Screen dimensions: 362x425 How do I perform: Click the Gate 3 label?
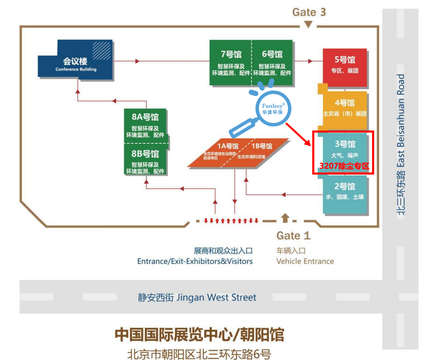pos(309,12)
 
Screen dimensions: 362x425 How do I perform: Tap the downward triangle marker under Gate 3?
pos(308,25)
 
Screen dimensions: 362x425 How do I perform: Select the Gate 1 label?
pos(293,236)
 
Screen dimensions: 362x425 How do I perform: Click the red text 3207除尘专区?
pos(344,166)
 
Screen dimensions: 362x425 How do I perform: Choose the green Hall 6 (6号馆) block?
pos(272,62)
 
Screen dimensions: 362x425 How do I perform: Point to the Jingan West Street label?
pos(197,298)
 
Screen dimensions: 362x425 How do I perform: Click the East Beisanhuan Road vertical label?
pos(400,143)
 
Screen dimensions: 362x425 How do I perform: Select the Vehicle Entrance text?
pos(305,261)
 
